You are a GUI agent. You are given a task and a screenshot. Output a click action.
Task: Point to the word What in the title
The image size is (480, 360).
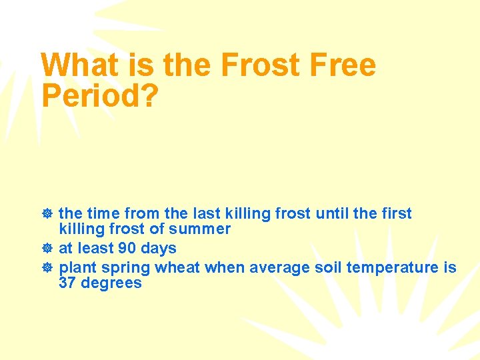coord(80,65)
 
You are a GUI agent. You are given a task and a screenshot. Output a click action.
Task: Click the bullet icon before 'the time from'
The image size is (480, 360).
coord(47,214)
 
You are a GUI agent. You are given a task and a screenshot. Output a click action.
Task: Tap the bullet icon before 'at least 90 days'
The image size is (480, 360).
coord(47,249)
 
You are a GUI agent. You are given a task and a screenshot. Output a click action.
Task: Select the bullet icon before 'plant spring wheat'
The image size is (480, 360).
coord(47,267)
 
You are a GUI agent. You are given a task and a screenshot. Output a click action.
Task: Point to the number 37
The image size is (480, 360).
coord(67,283)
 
